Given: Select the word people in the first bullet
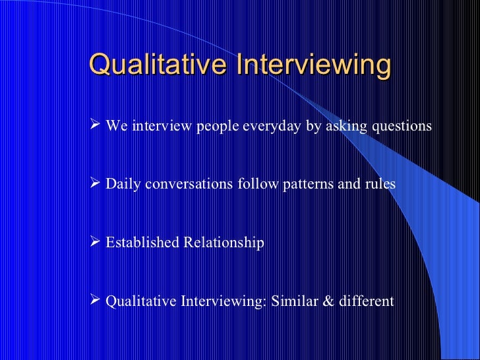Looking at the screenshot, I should [x=218, y=127].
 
